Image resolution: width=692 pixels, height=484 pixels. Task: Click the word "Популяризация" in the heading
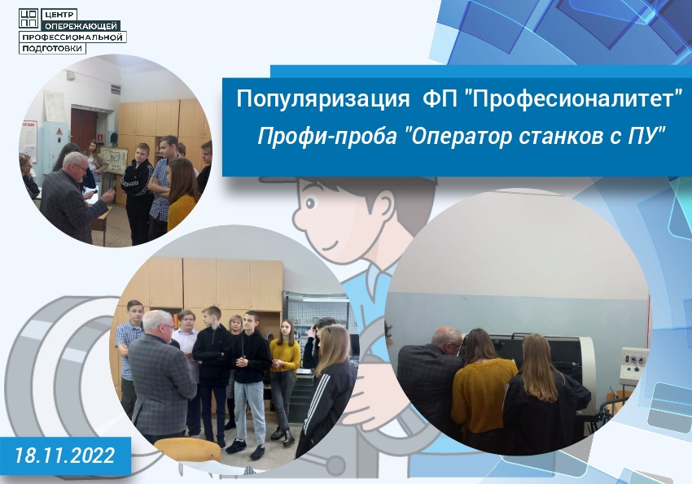323,99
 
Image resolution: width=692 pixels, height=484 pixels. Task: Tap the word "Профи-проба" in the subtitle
326,137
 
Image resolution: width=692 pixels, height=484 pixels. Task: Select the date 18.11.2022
65,456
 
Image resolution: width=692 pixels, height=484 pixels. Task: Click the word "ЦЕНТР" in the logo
59,15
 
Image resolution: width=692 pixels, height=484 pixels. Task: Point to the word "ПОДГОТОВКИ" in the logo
52,48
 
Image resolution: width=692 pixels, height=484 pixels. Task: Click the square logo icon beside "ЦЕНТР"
29,18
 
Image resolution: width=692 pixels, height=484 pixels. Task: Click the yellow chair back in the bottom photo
188,449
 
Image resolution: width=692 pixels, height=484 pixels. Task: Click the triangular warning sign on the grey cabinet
59,131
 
